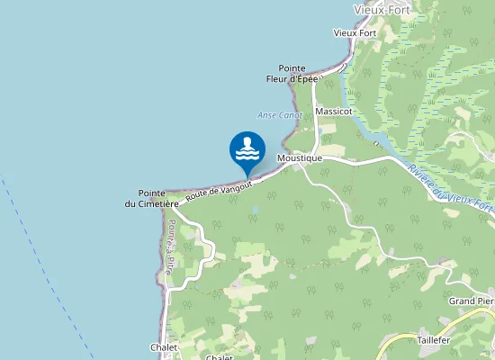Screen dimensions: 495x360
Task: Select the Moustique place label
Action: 300,158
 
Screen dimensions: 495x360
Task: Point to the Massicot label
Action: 333,112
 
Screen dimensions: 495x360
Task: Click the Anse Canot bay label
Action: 280,115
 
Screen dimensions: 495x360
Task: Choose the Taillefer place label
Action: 434,341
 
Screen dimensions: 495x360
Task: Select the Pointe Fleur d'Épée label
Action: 292,74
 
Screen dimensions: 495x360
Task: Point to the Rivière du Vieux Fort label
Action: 450,189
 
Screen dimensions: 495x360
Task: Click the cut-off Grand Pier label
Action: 472,301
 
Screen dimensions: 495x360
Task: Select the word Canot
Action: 291,115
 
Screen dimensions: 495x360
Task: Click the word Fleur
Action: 278,79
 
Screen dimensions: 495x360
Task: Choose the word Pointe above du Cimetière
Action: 151,193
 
